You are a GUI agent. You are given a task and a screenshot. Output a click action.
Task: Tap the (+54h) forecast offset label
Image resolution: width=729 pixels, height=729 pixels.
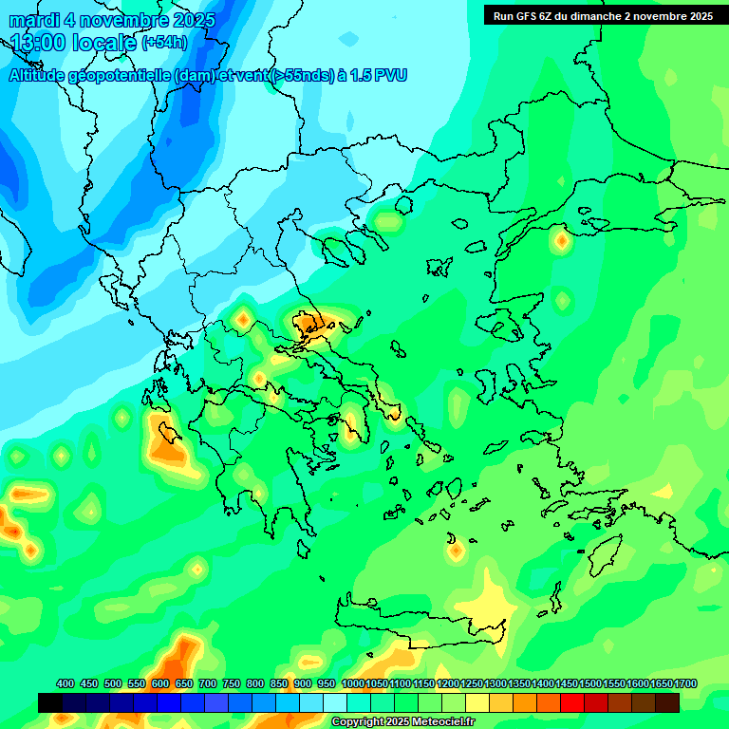164,43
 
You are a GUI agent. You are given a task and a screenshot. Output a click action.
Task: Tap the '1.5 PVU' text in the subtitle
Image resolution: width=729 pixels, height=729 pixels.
379,76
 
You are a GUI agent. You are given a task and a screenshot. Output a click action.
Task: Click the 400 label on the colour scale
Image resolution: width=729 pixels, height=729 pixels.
65,683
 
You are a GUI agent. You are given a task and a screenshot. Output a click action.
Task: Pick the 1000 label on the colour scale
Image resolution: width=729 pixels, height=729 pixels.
352,683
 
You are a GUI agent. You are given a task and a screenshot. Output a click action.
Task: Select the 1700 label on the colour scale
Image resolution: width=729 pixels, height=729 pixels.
685,683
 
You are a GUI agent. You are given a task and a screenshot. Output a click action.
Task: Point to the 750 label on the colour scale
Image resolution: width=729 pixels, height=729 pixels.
232,683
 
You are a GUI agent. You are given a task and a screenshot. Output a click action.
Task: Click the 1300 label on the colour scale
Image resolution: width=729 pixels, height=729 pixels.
495,683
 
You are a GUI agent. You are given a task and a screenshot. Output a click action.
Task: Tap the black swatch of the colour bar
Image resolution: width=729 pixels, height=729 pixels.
50,702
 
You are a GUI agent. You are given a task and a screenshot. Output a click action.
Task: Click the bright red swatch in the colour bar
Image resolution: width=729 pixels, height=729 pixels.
572,702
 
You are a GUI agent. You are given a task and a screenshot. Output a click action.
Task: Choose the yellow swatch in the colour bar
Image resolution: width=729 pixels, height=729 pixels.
477,702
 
